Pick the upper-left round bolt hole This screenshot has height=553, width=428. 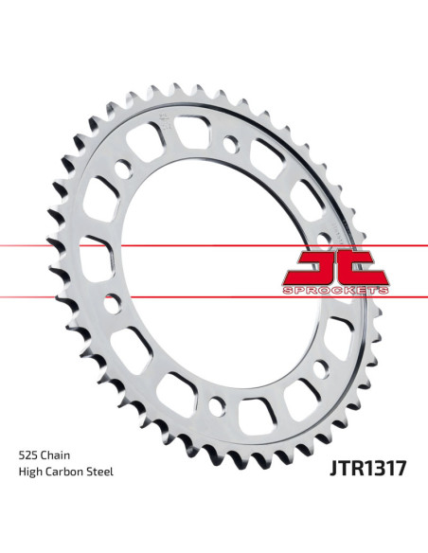[x=122, y=171]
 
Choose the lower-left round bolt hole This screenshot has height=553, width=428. [x=114, y=305]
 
